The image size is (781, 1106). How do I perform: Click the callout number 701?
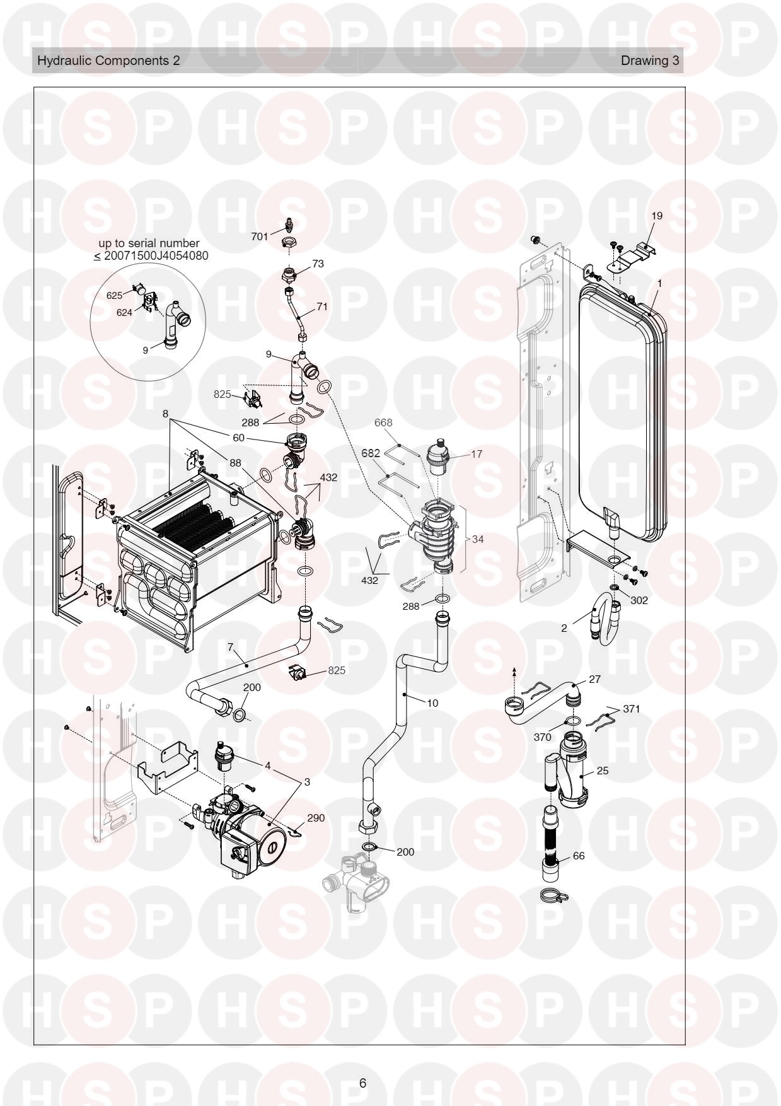pos(260,236)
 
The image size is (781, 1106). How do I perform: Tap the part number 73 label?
pos(318,264)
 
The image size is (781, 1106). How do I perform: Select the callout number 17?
pos(477,454)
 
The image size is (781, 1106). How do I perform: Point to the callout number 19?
pos(657,216)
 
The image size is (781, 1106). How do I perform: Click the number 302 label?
pos(639,600)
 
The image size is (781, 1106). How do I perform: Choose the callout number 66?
pos(579,856)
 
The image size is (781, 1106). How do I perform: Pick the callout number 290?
pos(316,818)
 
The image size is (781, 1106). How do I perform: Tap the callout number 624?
pos(124,312)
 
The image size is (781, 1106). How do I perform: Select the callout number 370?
pos(543,737)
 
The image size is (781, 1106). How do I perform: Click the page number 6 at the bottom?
pos(362,1083)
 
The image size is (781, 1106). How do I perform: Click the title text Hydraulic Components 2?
pos(108,61)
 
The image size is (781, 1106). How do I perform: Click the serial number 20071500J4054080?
pos(155,256)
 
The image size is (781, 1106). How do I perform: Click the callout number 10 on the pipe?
pos(432,703)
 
